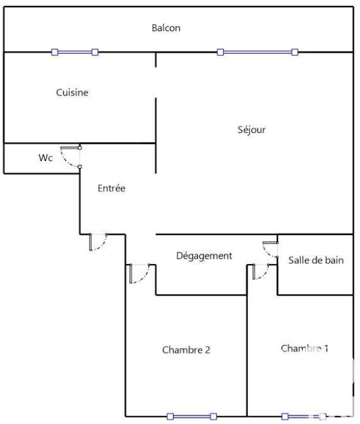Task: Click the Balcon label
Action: [166, 28]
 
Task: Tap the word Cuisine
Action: [72, 93]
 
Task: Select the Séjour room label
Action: [251, 130]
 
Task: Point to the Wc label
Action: [45, 157]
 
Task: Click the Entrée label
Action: [112, 189]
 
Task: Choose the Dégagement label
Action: [204, 256]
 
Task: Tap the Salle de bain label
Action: [316, 260]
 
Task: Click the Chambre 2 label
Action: [186, 350]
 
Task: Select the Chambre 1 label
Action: [305, 349]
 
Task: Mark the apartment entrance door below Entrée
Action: [98, 243]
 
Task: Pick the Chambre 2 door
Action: [139, 274]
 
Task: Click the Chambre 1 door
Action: [260, 272]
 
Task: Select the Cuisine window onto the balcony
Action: [75, 53]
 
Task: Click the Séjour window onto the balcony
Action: [258, 53]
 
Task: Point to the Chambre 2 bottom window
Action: [192, 417]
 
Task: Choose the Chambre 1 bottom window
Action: [302, 417]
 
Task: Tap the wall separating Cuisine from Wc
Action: [43, 143]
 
